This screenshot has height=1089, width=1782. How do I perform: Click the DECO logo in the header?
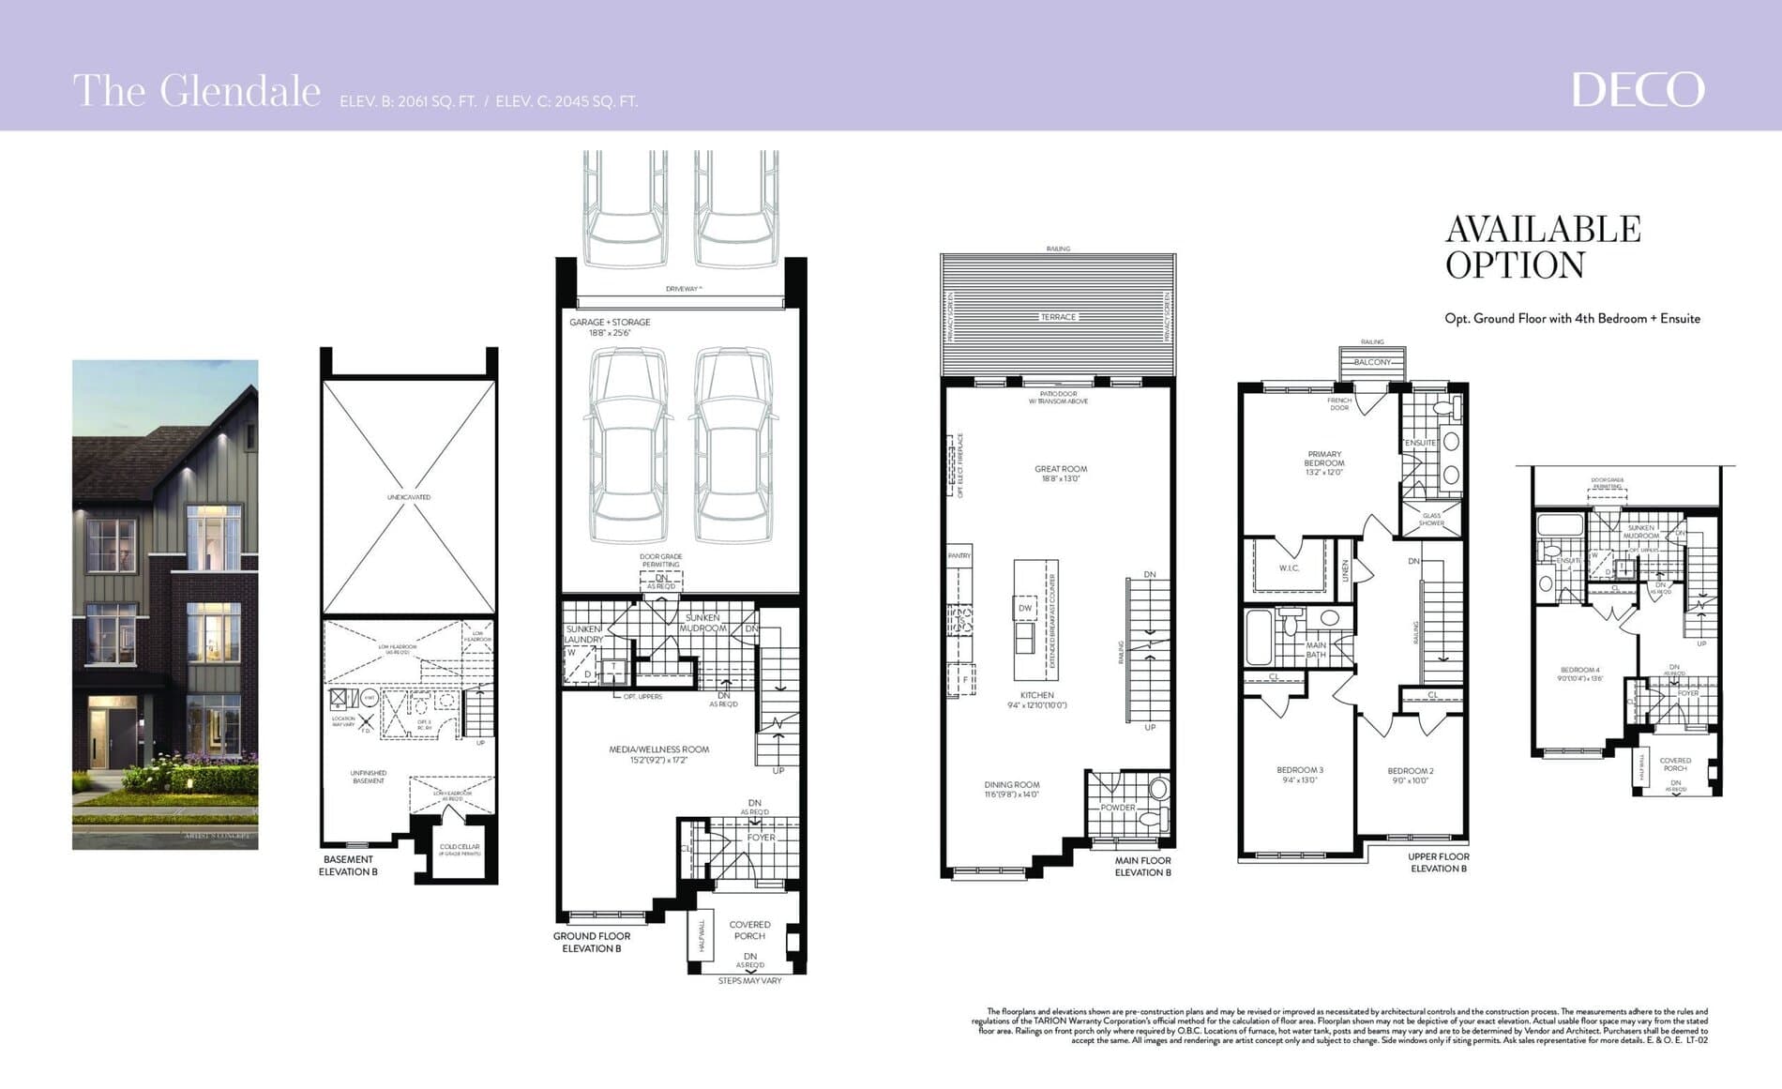1638,90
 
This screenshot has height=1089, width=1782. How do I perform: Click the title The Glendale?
197,92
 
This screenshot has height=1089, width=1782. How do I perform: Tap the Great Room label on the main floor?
1061,469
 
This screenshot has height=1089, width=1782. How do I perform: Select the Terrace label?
1058,317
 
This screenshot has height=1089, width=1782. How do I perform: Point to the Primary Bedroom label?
1324,459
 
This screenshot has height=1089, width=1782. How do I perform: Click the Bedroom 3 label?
1300,770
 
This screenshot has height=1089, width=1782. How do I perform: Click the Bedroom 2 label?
1411,771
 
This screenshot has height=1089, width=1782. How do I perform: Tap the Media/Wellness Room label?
658,749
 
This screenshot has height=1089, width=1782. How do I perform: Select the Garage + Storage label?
610,322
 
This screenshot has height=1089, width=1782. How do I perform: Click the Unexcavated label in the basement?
409,497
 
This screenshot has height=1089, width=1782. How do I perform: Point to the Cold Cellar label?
460,847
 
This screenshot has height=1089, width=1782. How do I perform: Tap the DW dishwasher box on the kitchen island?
1025,608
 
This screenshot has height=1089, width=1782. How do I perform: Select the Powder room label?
1118,808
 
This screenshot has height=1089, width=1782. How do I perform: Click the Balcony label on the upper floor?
1372,362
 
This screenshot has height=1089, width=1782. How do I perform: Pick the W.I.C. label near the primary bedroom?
1289,568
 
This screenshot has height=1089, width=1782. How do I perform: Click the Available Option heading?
1542,247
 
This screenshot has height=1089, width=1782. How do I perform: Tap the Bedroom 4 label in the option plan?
1579,670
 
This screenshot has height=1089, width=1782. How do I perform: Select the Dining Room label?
1012,785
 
